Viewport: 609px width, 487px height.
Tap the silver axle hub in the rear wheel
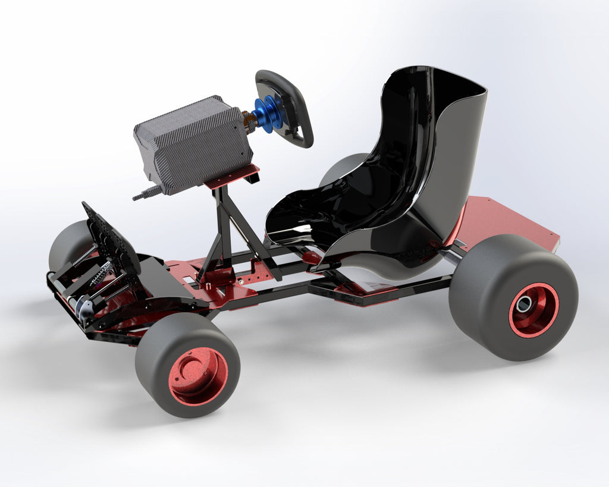coord(523,304)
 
